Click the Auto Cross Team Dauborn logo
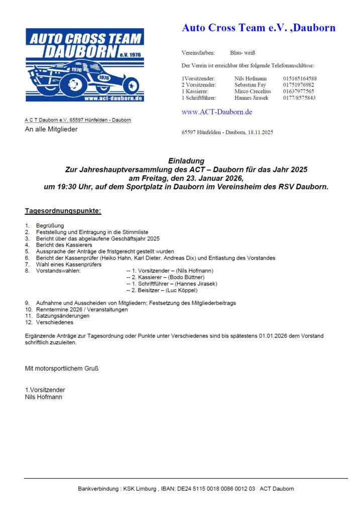85,65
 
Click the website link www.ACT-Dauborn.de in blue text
216,112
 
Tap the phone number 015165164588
300,78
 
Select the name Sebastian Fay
251,85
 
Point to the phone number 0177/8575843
299,98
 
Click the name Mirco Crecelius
253,91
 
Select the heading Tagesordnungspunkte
63,211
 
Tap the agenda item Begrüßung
50,226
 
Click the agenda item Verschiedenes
54,323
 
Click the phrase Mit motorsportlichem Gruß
62,368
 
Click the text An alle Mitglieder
51,129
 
